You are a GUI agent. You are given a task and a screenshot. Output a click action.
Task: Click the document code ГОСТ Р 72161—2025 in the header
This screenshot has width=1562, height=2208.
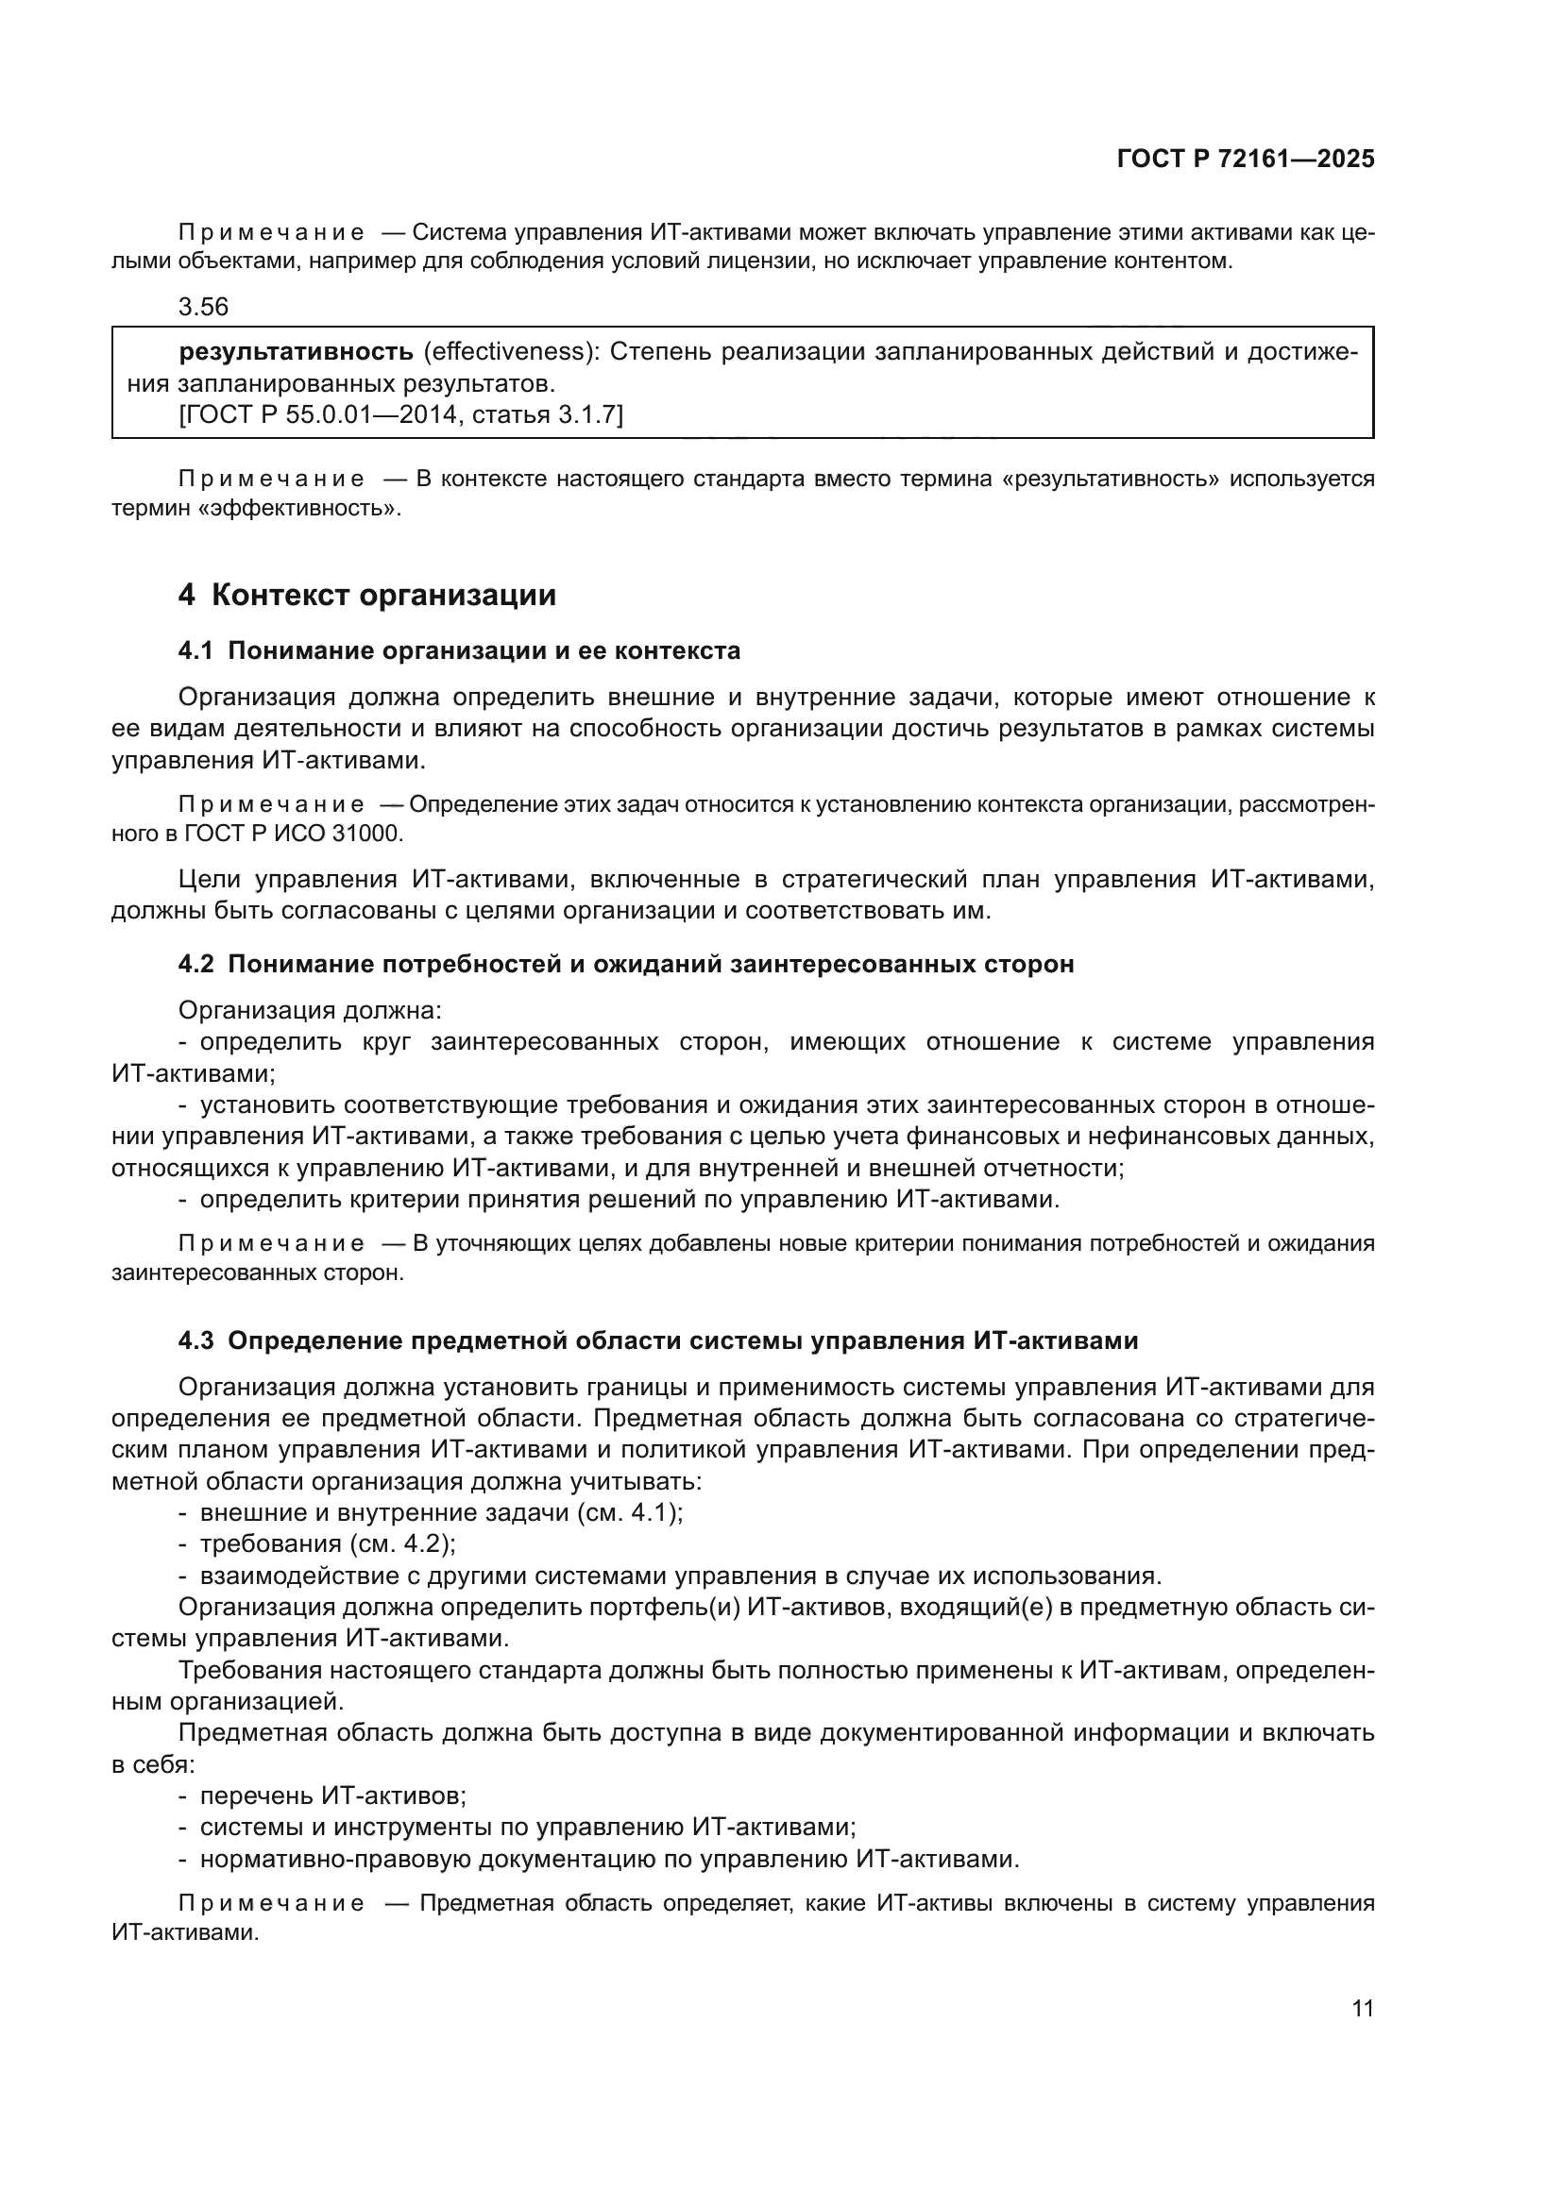1246,160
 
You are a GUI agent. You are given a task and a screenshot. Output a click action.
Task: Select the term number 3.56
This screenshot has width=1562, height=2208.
203,307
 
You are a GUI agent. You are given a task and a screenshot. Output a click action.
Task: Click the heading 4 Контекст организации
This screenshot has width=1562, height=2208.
367,596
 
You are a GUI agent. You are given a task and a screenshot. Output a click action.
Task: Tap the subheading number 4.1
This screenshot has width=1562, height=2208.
195,651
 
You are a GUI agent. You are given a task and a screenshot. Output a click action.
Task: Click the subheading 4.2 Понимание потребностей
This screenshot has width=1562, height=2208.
625,964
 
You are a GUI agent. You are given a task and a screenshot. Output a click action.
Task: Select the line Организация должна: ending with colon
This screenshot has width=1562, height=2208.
310,1010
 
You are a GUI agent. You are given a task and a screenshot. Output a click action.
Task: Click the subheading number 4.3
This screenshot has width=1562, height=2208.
195,1340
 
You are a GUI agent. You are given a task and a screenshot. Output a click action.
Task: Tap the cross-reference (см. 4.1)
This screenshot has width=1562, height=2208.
629,1511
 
